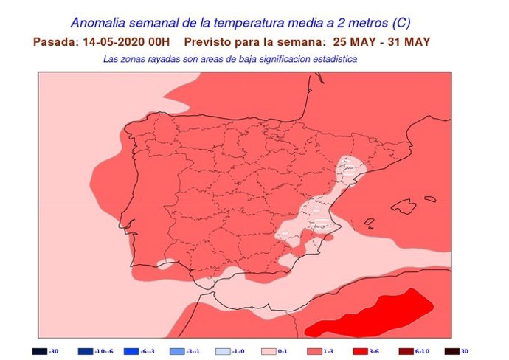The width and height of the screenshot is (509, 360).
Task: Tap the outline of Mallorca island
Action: (404, 206)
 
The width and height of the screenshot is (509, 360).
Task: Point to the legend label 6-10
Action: (423, 351)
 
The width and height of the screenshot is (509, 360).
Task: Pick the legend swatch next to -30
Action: (39, 351)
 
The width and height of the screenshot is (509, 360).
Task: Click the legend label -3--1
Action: (193, 351)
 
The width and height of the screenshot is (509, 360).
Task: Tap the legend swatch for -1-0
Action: (222, 351)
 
